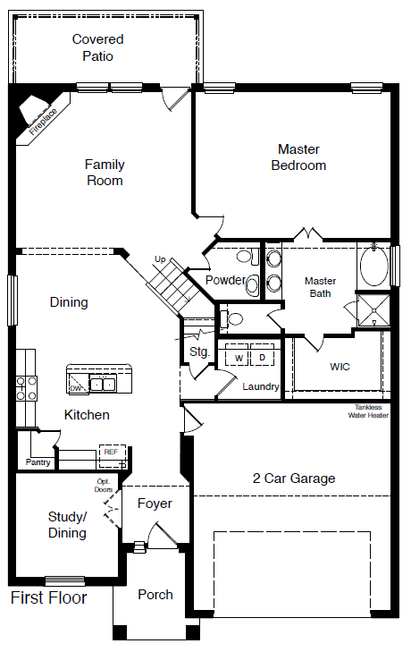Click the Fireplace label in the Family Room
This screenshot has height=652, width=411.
tap(43, 122)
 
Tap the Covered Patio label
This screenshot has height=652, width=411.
tap(97, 47)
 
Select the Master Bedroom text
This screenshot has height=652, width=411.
tap(298, 157)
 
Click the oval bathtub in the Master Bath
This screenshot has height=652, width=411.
tap(374, 267)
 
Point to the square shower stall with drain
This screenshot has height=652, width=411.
tap(374, 310)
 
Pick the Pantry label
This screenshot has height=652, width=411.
tap(38, 462)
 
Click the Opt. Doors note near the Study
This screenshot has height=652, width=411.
tap(104, 486)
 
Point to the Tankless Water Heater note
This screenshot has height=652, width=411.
tap(368, 411)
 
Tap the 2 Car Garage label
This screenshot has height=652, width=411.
tap(294, 478)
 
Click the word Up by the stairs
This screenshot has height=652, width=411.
tap(160, 259)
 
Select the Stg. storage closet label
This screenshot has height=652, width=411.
tap(199, 352)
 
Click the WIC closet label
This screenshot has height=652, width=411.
tap(340, 367)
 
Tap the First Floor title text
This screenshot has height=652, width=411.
tap(48, 597)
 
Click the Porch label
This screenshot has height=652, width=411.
tap(155, 595)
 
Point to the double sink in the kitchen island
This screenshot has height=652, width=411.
tap(102, 384)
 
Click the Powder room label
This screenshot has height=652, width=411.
tap(225, 280)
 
